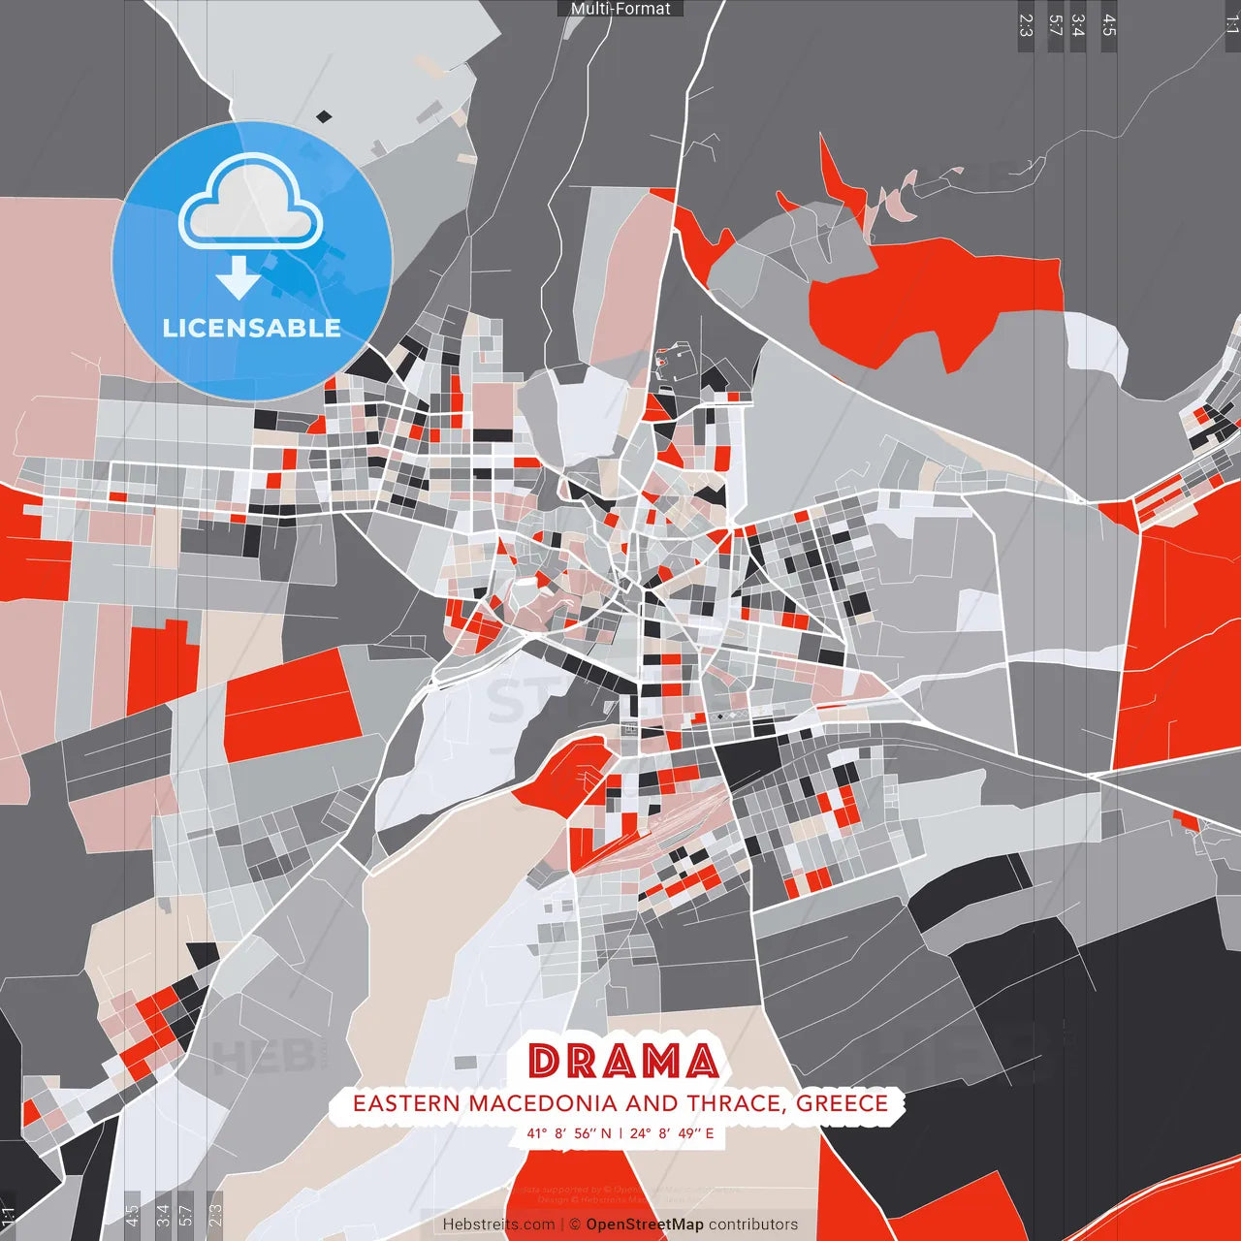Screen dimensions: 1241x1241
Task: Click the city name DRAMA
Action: coord(623,1062)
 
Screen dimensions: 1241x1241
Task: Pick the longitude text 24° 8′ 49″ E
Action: coord(672,1133)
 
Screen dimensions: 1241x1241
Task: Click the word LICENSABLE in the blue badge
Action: coord(252,329)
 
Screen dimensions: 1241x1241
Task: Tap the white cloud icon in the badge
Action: coord(251,206)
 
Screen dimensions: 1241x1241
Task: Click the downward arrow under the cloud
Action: coord(239,277)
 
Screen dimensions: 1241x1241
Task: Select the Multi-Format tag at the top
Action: coord(620,9)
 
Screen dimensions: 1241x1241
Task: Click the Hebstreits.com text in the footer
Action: coord(498,1225)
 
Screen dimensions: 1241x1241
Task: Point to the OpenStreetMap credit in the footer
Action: coord(645,1225)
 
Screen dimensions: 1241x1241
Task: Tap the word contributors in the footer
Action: coord(753,1225)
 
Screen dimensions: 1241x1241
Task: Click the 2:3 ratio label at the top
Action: coord(1026,25)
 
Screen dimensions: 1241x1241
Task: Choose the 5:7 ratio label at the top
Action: coord(1055,25)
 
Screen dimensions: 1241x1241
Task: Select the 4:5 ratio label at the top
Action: coord(1109,25)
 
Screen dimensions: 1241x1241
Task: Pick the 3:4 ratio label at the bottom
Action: coord(163,1214)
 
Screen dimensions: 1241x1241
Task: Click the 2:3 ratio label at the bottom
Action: coord(215,1214)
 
